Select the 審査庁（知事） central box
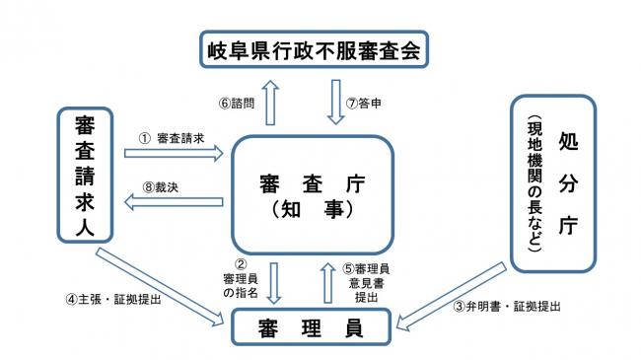click(x=313, y=195)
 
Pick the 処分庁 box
click(x=554, y=183)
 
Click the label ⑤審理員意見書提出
click(x=367, y=280)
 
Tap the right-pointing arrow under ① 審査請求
click(x=174, y=154)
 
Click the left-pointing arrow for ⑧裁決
click(x=174, y=201)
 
